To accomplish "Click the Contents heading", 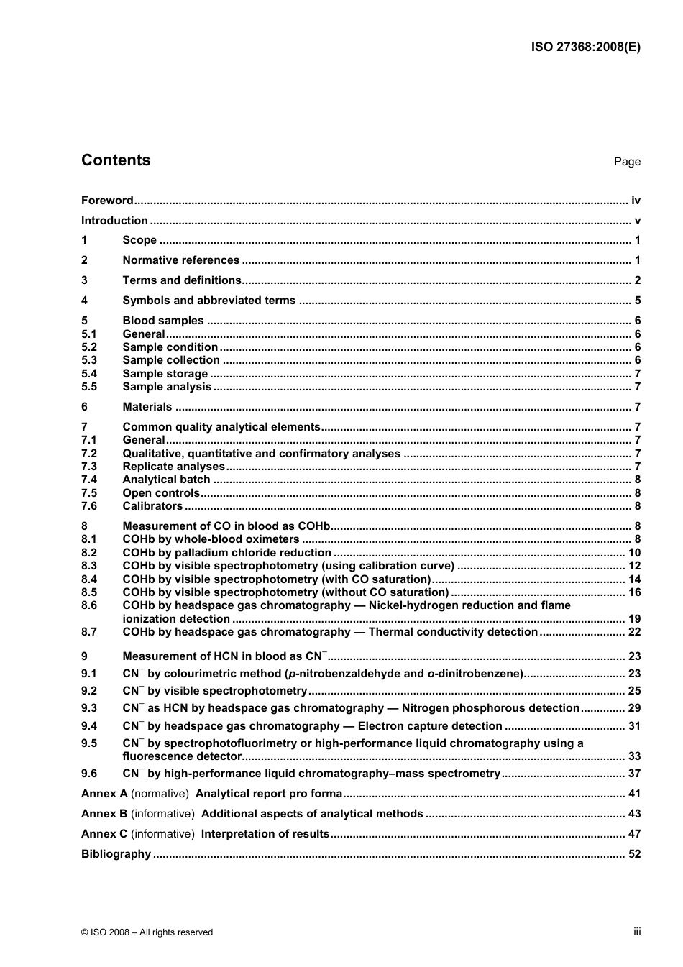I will coord(116,160).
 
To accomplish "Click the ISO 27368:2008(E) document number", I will coord(585,47).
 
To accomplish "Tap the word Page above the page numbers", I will coord(627,162).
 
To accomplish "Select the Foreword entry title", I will coord(107,201).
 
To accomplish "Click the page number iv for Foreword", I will coord(636,201).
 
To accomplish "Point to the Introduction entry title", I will coord(114,221).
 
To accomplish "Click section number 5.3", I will coord(89,360).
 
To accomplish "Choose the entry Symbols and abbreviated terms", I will coord(208,301).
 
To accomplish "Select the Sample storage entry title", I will coord(165,374).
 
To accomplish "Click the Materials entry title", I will coord(147,407).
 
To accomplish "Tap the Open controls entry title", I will coord(161,493).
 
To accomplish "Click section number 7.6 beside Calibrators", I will coord(89,506).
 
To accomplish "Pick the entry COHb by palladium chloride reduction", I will coord(226,553).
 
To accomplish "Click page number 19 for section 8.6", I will coord(634,619).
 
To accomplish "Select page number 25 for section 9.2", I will coord(634,691).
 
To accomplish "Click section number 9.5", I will coord(89,743).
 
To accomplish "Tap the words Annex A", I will coord(104,794).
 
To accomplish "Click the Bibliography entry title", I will coord(116,854).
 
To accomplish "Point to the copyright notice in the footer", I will coord(147,932).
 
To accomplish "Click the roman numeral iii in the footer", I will coord(637,932).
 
